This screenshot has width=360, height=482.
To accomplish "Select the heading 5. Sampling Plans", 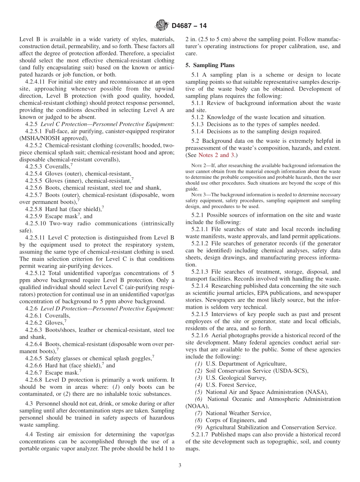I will (210, 65).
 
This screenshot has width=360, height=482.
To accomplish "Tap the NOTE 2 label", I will (198, 166).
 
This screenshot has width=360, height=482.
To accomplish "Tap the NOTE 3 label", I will (198, 194).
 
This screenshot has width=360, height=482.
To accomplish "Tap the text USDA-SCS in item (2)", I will (290, 371).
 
